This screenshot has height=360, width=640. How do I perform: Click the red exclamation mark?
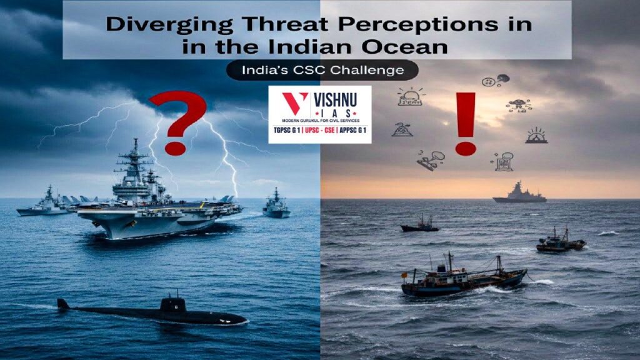[x=464, y=122]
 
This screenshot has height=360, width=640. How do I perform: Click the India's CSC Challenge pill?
[x=322, y=71]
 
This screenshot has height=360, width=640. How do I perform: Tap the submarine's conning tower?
[x=172, y=304]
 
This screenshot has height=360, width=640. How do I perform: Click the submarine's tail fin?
[x=63, y=304]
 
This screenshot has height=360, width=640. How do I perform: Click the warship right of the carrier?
[x=276, y=205]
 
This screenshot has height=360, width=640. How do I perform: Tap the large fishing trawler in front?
[x=462, y=277]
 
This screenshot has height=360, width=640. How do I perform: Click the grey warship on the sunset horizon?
[x=519, y=193]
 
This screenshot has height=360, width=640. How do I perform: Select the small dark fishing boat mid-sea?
[x=420, y=225]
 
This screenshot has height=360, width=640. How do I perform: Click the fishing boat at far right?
[x=559, y=241]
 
